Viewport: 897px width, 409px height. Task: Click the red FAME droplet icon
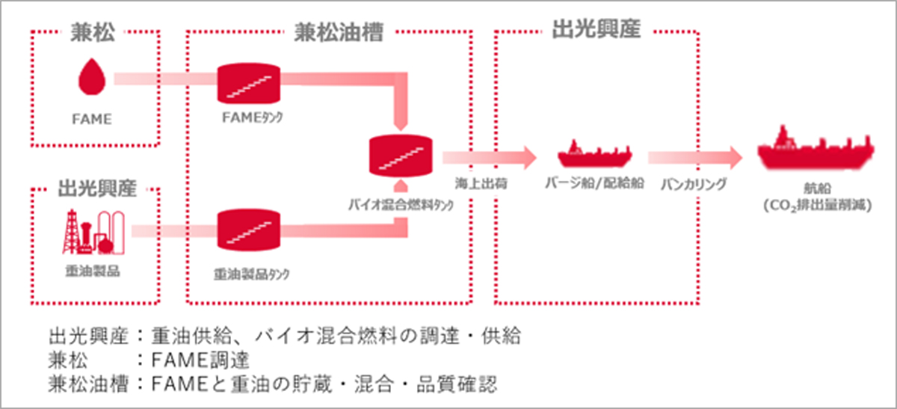pos(93,78)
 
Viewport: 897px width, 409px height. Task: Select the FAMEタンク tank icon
pos(249,83)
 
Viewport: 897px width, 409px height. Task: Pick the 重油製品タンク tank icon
pos(249,230)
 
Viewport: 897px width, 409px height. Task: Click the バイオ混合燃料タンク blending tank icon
pos(402,155)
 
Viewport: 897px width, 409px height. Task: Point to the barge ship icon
pos(591,154)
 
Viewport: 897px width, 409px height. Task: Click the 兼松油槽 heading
pos(330,34)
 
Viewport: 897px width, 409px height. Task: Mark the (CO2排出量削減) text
pos(815,203)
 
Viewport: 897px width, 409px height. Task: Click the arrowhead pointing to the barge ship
pos(528,156)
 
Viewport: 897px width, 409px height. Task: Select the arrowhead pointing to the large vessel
pos(733,156)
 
